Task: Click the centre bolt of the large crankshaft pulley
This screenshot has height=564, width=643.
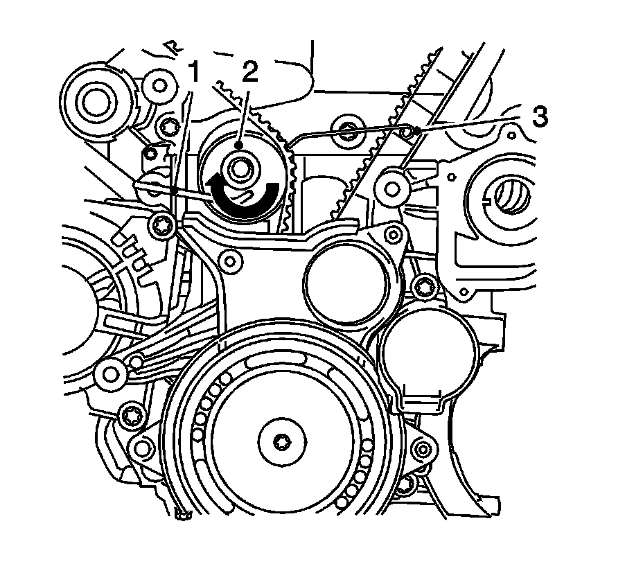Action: pos(281,441)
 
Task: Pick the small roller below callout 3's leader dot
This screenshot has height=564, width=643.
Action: pos(391,185)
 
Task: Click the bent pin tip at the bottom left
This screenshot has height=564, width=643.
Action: pos(182,513)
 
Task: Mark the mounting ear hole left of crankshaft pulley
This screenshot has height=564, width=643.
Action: pos(143,448)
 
